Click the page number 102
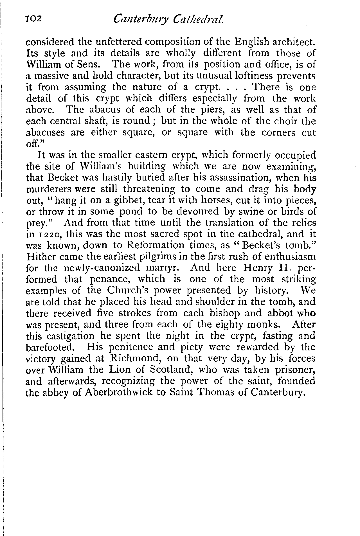point(33,19)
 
